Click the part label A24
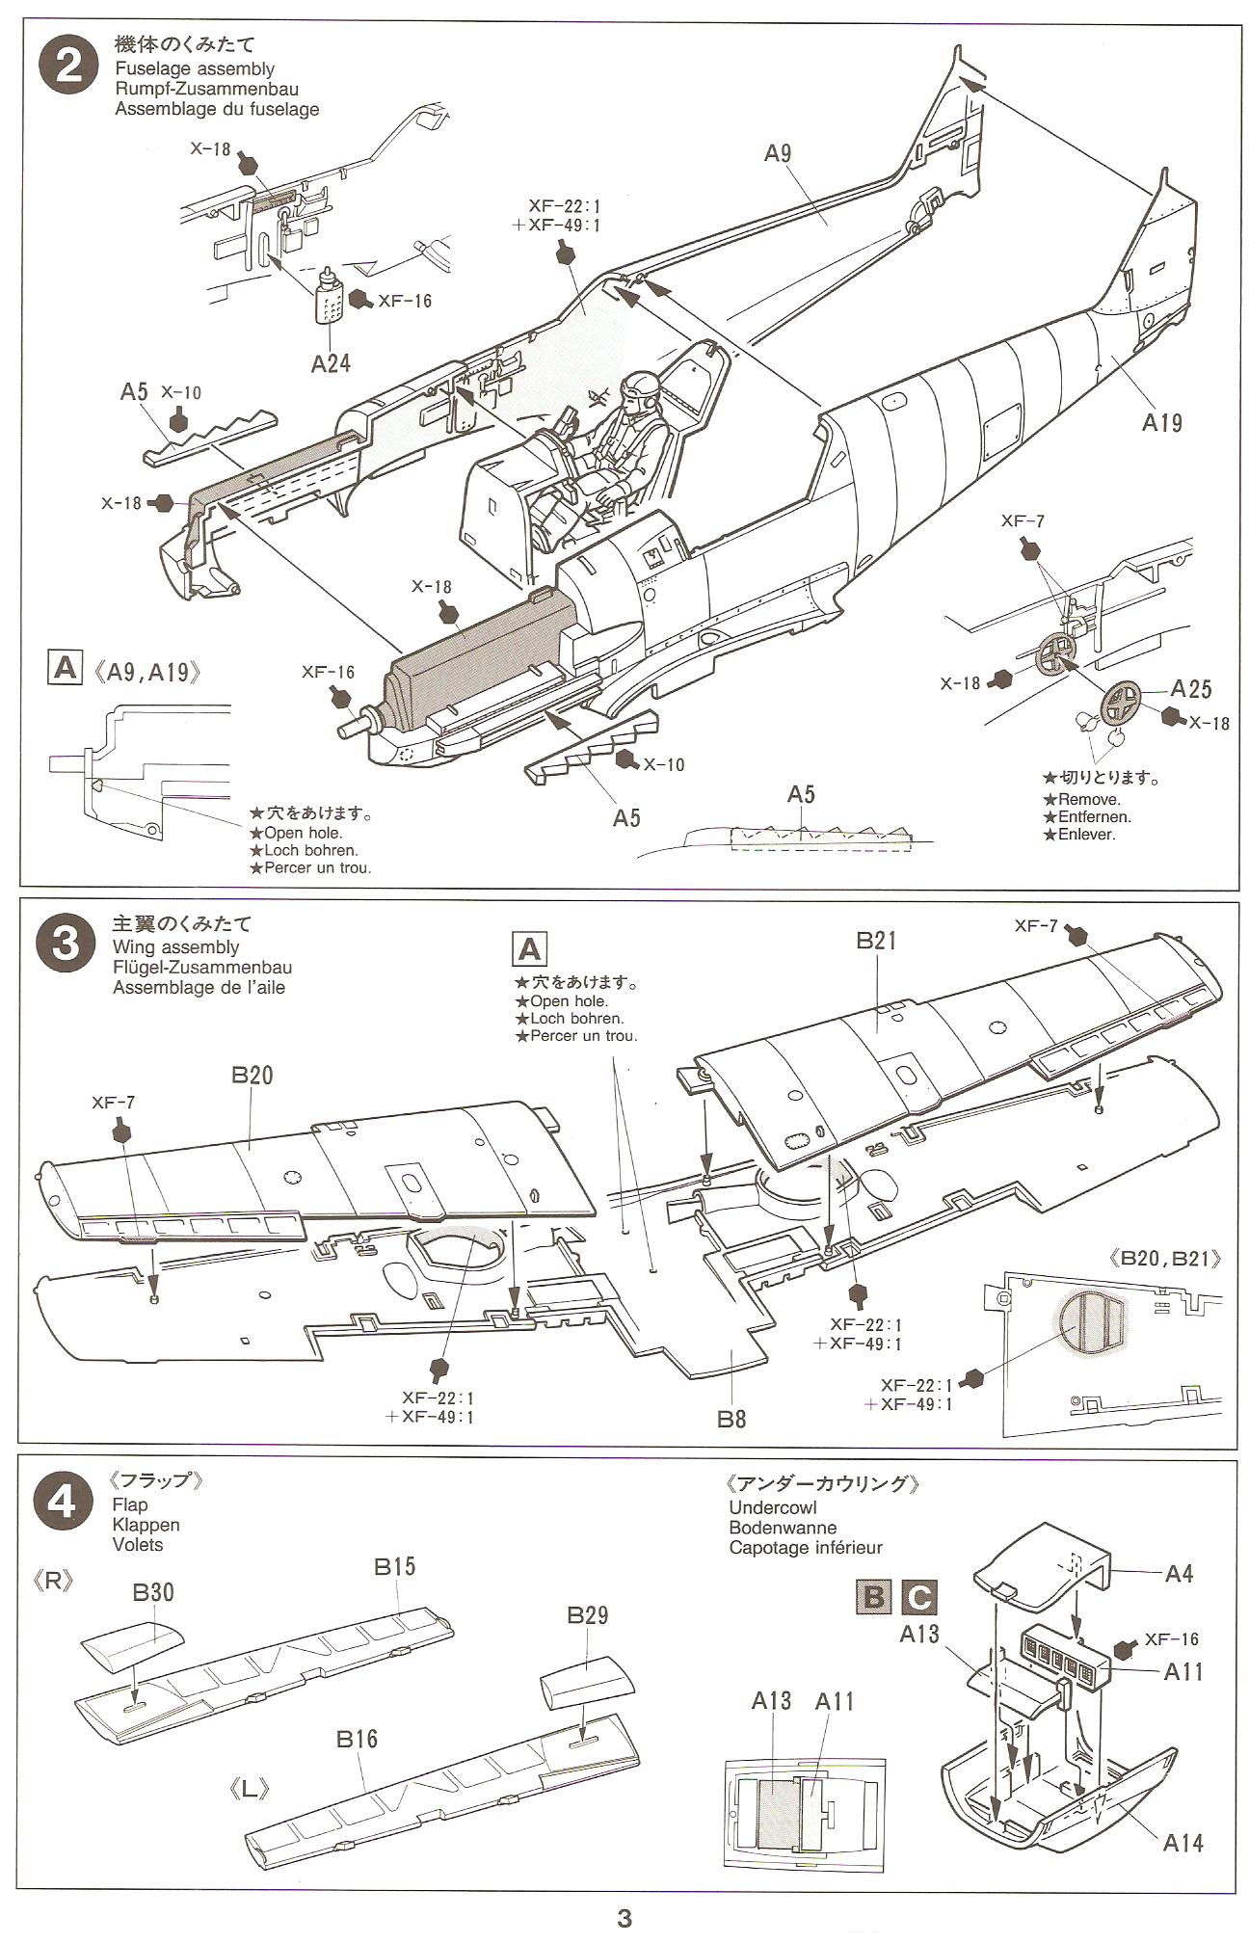click(330, 362)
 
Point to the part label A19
click(1160, 421)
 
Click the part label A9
click(778, 154)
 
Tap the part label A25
click(1191, 689)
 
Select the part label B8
click(731, 1419)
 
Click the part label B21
click(876, 942)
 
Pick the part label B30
click(153, 1591)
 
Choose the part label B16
click(357, 1739)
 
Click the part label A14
click(1183, 1842)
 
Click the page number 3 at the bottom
click(624, 1918)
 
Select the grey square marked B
click(873, 1596)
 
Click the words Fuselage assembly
click(194, 68)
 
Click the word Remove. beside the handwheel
click(1087, 799)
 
